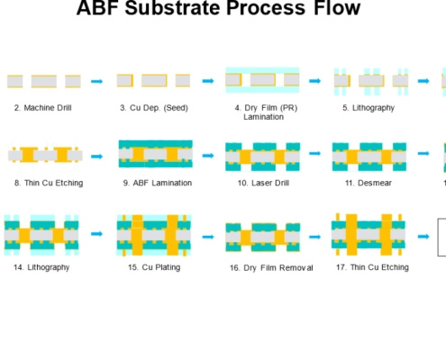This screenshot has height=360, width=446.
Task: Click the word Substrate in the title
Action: click(x=173, y=8)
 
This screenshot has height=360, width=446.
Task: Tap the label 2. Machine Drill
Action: click(x=43, y=108)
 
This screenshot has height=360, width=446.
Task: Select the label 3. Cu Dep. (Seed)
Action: click(x=154, y=108)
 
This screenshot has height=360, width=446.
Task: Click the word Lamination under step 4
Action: click(x=263, y=117)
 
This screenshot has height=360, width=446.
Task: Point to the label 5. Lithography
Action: click(x=369, y=108)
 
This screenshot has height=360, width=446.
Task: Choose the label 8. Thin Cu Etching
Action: click(x=49, y=183)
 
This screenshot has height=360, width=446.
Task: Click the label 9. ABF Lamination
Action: click(x=158, y=183)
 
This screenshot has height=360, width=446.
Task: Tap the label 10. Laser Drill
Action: click(x=263, y=183)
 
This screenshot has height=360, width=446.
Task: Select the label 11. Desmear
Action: click(x=369, y=183)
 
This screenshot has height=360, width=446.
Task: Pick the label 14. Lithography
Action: click(x=41, y=267)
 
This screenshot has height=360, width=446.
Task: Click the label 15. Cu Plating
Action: click(x=154, y=267)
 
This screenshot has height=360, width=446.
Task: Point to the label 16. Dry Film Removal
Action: click(x=271, y=268)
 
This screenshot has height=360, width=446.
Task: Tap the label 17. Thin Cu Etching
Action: click(x=372, y=267)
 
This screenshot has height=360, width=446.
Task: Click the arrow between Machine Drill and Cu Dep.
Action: click(x=96, y=81)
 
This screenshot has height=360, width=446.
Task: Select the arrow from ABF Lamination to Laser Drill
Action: click(x=208, y=156)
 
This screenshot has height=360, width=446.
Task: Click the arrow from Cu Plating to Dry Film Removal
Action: click(x=208, y=237)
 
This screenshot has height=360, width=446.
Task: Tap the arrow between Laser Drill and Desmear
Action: click(x=314, y=153)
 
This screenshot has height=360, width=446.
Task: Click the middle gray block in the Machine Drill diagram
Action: click(x=44, y=81)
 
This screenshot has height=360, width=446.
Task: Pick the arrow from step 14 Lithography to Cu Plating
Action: click(x=96, y=234)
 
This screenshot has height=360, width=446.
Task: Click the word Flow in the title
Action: click(x=337, y=8)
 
